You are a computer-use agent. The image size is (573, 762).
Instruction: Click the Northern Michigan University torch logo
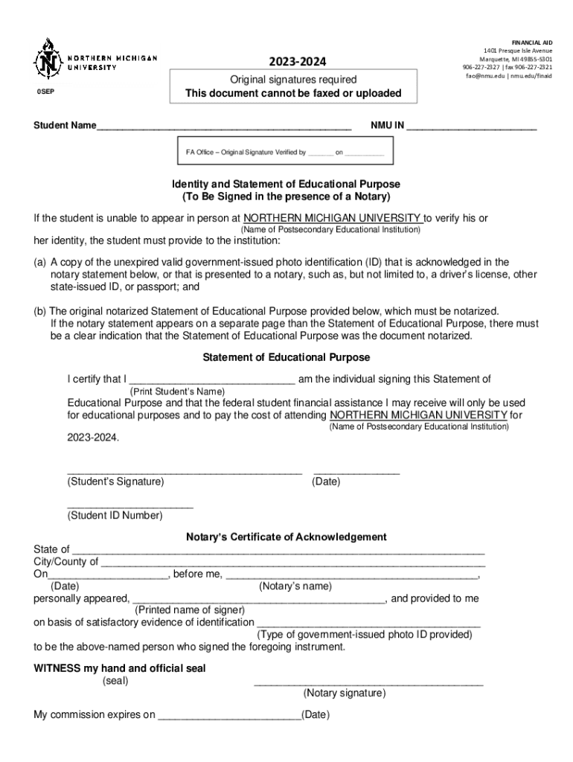(49, 59)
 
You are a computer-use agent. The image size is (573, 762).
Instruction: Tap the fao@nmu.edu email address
(485, 76)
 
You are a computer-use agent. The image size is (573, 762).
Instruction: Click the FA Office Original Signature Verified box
(285, 152)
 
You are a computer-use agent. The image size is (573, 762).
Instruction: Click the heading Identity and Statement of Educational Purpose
(286, 184)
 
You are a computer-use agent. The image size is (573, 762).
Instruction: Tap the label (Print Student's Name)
(178, 391)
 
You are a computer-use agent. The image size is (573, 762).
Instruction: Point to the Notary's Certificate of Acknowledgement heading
(286, 537)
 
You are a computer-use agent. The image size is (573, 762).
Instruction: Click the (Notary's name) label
(295, 586)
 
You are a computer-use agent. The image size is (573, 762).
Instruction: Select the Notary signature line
(368, 682)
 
